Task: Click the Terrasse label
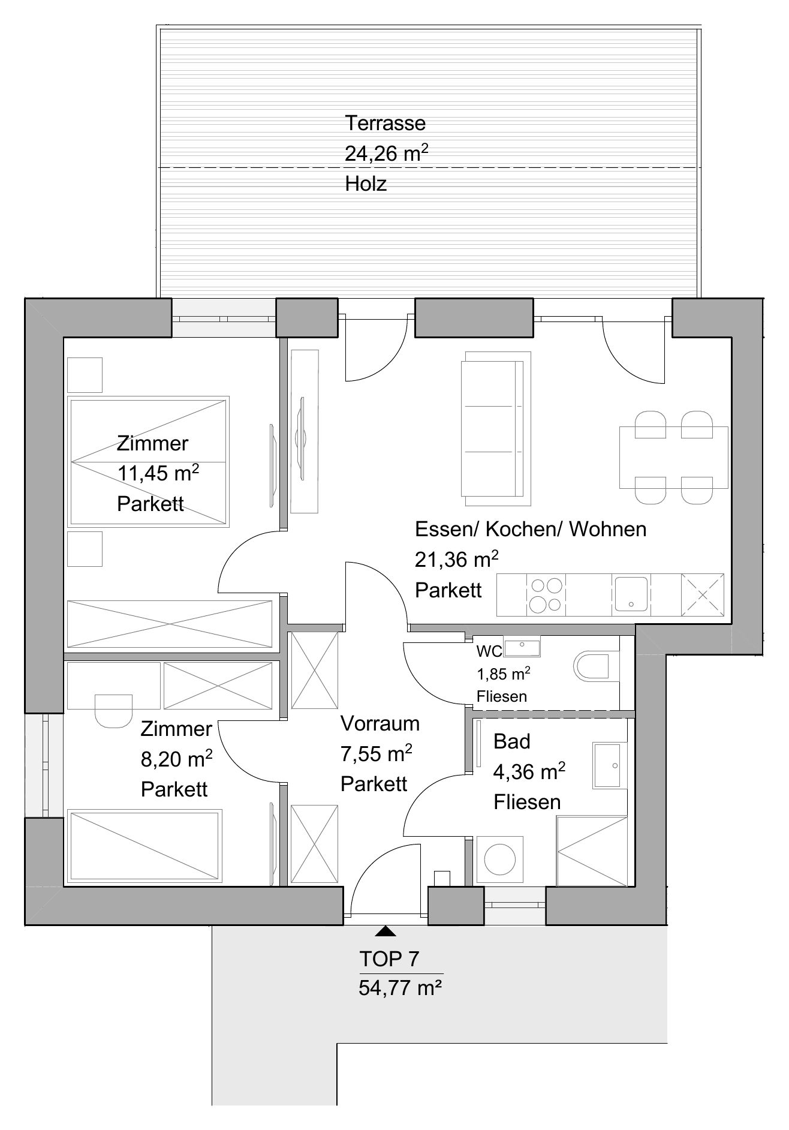(385, 123)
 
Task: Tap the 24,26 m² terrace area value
(386, 153)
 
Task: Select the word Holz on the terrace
(366, 184)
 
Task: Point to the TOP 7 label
(389, 958)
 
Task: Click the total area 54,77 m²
(400, 987)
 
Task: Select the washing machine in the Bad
(499, 859)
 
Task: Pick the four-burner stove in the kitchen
(546, 594)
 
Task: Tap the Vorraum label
(380, 723)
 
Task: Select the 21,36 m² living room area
(457, 560)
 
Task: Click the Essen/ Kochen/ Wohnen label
(531, 529)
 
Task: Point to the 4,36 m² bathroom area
(529, 771)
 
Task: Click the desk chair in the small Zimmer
(113, 711)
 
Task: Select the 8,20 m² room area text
(177, 759)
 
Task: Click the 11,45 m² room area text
(158, 473)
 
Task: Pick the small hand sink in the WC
(522, 647)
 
